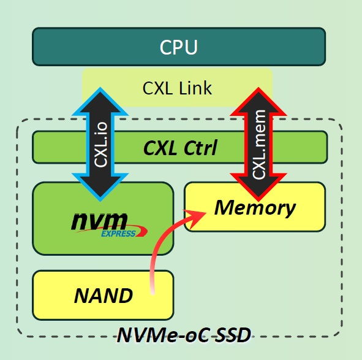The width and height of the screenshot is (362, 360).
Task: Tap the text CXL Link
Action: click(177, 88)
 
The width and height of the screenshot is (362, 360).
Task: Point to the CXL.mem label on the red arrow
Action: click(259, 144)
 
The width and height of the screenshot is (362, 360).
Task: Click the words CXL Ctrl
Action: click(179, 148)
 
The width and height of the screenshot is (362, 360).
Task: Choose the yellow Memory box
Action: click(254, 207)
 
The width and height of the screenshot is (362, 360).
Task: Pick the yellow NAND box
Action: click(103, 295)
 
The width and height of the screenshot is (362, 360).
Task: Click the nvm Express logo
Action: click(102, 223)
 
